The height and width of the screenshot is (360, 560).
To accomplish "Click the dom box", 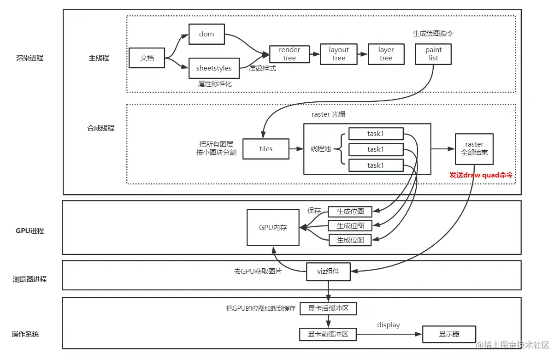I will point(206,34).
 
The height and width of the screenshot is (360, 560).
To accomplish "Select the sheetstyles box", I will point(214,68).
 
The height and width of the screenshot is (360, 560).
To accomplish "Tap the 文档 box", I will point(147,58).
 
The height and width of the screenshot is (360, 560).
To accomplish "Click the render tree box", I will point(289,54).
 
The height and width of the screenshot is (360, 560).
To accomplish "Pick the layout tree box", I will point(339,54).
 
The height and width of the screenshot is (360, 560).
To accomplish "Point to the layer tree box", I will point(386,54).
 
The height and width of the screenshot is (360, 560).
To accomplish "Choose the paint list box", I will point(433,54).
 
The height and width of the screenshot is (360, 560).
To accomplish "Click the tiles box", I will point(266,149).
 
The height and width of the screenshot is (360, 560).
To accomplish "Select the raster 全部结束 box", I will point(474,149).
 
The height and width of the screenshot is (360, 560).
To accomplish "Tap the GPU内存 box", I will point(273,228).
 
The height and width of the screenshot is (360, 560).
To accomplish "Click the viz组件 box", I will point(328,271).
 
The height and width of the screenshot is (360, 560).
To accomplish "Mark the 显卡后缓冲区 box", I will point(328,309).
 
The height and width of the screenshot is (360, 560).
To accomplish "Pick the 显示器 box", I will point(448,334).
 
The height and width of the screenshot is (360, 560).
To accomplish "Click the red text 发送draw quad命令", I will point(481,175).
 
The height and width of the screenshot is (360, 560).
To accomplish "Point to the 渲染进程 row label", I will point(29,58).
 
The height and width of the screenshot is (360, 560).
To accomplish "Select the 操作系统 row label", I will point(25,334).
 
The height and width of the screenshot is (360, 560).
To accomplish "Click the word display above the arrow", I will point(389,325).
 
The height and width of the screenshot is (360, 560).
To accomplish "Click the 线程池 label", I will point(321,149).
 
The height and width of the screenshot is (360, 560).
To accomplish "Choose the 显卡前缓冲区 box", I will point(328,334).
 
